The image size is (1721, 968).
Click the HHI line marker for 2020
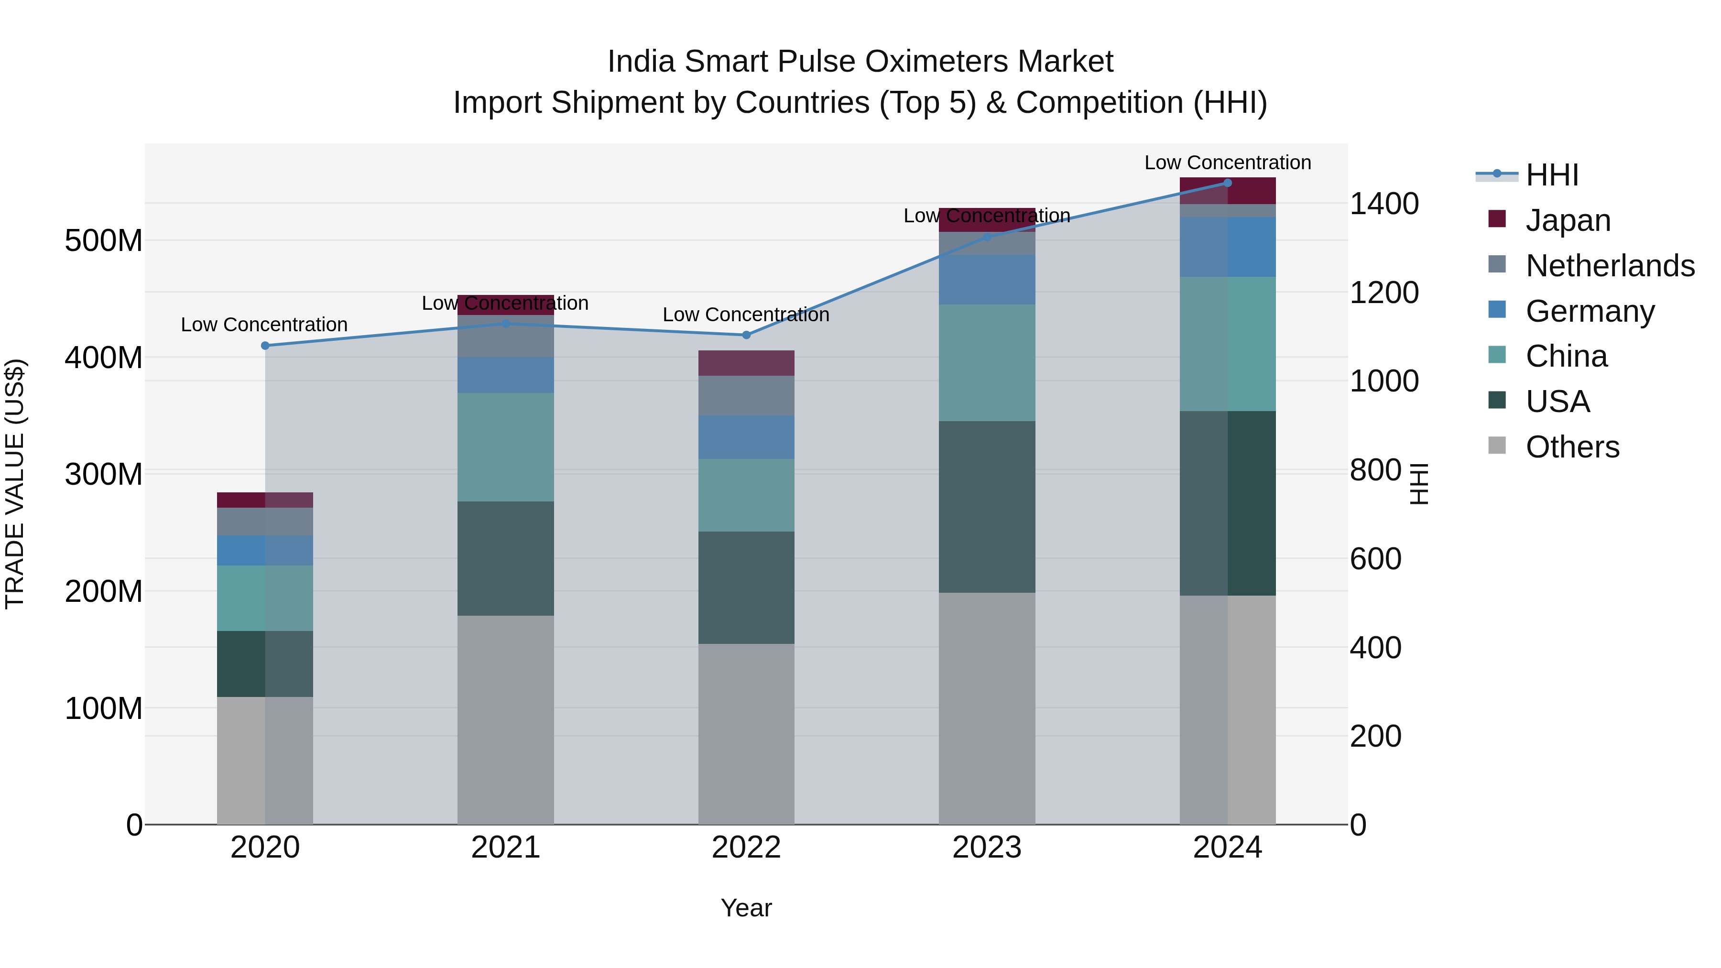(265, 346)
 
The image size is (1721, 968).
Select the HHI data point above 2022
(746, 335)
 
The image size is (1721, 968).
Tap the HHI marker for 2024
(1227, 183)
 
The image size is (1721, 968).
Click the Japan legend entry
(1568, 220)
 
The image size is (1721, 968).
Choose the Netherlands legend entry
(1610, 265)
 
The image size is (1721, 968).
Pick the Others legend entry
(1572, 446)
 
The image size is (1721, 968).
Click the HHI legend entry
(1551, 175)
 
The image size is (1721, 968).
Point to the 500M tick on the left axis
(104, 240)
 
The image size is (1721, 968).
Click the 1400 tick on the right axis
(1383, 203)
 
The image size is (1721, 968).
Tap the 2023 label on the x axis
(987, 847)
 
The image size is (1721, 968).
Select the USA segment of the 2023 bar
(987, 506)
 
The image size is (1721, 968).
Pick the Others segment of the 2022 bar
(746, 733)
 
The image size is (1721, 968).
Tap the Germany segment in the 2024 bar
(1227, 247)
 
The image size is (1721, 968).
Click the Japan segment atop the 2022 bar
(746, 363)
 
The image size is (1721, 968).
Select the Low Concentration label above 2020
(264, 325)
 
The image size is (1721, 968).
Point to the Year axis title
(746, 908)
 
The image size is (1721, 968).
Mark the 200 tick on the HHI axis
(1375, 736)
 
